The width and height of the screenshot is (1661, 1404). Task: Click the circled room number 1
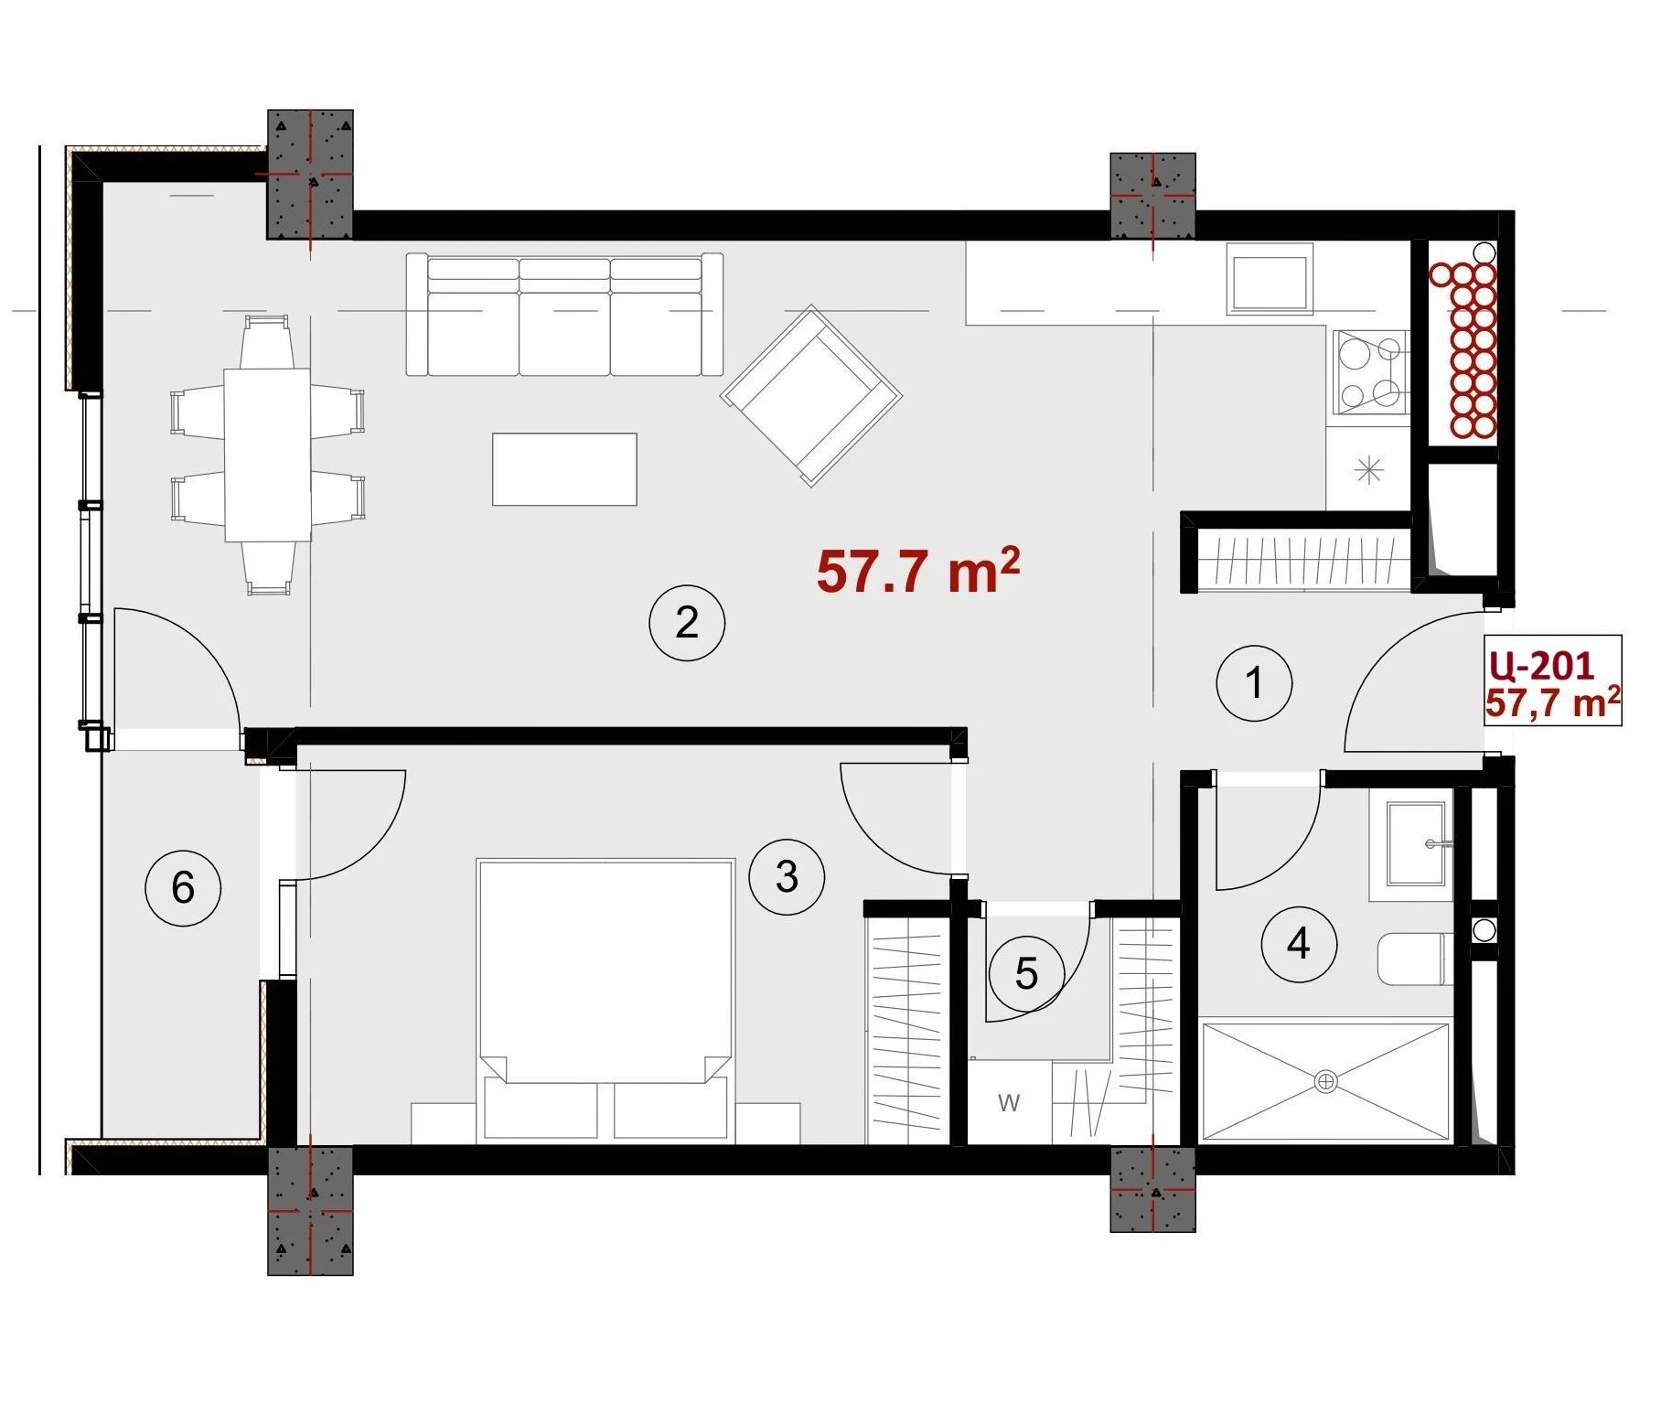1254,682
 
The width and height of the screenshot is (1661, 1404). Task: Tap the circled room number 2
687,623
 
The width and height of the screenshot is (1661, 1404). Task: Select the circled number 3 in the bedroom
787,877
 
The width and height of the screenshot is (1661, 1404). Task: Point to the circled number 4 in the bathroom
1299,944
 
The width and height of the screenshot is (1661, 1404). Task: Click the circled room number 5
1026,973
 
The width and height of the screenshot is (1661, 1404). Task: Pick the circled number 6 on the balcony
183,887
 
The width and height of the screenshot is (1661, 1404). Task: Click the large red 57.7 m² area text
917,571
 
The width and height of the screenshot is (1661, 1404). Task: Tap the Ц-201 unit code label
1542,665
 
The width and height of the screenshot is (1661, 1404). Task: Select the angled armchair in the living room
811,395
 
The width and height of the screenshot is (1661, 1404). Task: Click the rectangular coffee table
564,469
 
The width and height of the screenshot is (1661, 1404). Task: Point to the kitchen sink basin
1270,281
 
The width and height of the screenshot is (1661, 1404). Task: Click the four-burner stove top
1371,373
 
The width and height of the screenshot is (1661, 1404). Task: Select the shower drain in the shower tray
1325,1082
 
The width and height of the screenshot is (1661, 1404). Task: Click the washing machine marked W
1009,1102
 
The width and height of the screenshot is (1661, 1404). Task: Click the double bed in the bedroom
605,1001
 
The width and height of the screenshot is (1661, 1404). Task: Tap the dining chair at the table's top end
267,341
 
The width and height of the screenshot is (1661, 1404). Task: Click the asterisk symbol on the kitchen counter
1368,470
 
